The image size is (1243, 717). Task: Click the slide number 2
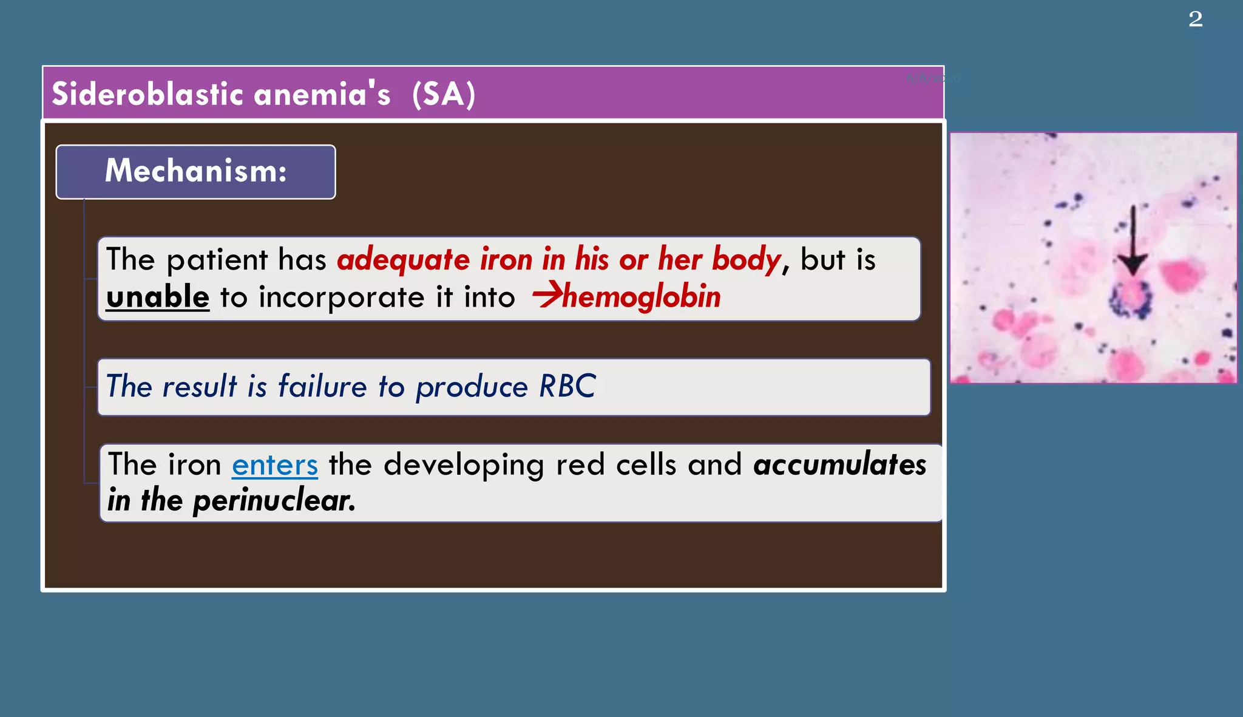(x=1195, y=19)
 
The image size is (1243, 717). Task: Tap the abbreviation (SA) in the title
(x=443, y=95)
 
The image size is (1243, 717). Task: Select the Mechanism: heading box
(x=195, y=172)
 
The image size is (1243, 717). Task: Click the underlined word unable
(x=158, y=297)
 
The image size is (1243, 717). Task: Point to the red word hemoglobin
(x=642, y=297)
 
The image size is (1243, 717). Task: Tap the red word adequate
(x=403, y=260)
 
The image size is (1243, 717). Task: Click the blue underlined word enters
(x=275, y=466)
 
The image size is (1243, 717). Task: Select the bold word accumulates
(x=840, y=464)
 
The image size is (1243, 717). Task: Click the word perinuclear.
(x=274, y=501)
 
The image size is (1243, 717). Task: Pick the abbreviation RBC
(x=567, y=387)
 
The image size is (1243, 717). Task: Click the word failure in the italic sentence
(x=322, y=387)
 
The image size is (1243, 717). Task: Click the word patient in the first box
(x=217, y=260)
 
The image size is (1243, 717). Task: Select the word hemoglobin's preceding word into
(x=489, y=297)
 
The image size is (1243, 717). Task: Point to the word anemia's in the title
(x=322, y=95)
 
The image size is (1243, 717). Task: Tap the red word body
(x=747, y=260)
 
